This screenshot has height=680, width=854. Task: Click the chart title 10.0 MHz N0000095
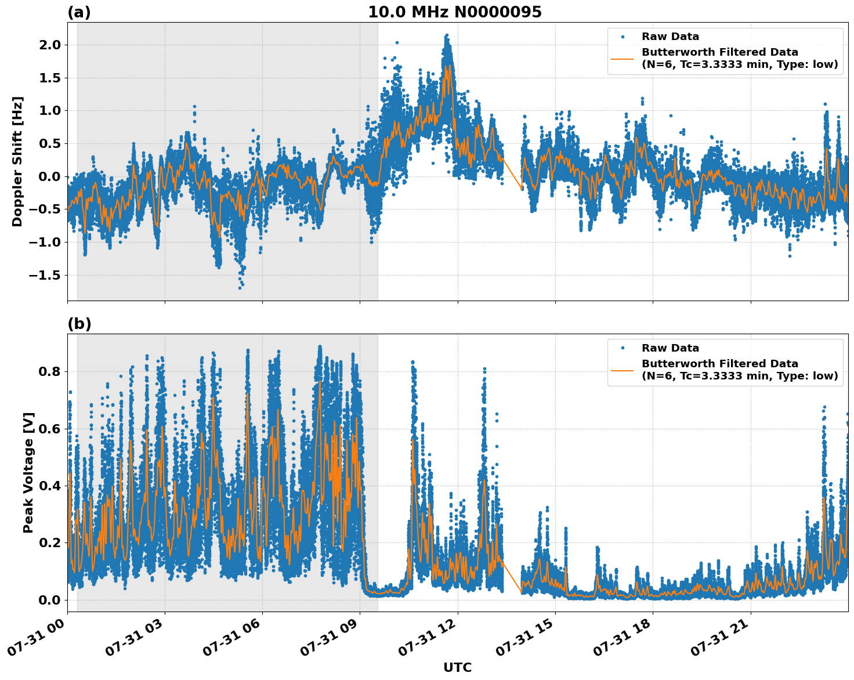click(454, 12)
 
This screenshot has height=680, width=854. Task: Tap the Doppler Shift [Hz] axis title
click(17, 161)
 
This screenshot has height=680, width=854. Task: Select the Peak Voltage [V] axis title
click(28, 472)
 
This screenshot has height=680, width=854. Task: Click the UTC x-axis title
click(457, 667)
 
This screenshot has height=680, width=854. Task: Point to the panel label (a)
click(79, 12)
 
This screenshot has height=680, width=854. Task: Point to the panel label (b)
click(79, 324)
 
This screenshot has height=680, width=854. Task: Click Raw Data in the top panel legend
click(670, 37)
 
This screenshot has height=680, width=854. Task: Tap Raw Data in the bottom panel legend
click(670, 348)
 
